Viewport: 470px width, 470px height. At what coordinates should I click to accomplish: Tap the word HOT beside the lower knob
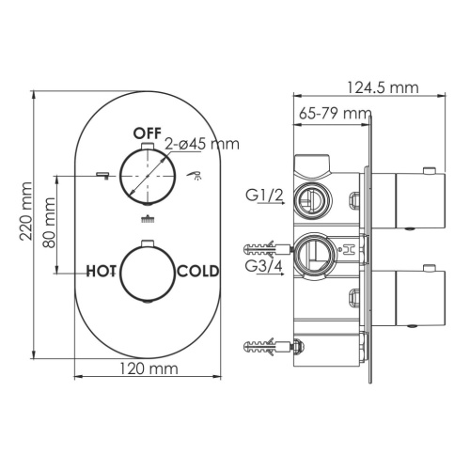coord(102,272)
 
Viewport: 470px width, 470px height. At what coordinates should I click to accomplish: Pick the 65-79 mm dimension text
coord(334,114)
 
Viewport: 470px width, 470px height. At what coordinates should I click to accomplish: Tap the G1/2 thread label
coord(264,196)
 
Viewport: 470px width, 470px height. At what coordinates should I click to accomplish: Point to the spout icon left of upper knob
coord(102,174)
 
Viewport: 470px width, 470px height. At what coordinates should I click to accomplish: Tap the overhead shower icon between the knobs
coord(147,221)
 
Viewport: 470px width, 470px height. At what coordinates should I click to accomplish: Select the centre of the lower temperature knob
coord(148,272)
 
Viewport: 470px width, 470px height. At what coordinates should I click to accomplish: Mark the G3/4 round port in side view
coord(313,251)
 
